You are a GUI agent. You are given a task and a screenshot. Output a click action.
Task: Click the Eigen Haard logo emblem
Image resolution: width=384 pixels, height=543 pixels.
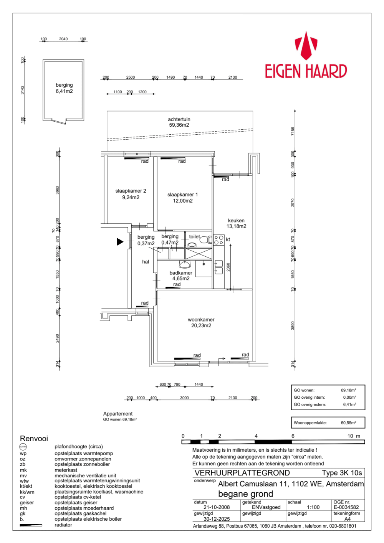(306, 46)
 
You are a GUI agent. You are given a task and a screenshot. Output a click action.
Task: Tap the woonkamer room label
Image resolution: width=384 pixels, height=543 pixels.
(201, 320)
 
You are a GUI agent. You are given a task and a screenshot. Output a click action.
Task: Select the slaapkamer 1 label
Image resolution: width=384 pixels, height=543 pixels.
(182, 195)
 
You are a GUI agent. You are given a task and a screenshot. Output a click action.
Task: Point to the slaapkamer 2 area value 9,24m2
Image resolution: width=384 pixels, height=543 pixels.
(131, 197)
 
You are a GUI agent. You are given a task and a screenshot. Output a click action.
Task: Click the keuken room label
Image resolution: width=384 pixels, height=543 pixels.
(236, 221)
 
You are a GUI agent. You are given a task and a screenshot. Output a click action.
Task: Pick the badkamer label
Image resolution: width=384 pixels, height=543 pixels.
(181, 273)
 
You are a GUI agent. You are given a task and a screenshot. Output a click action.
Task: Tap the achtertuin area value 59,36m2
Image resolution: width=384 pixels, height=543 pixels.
(179, 125)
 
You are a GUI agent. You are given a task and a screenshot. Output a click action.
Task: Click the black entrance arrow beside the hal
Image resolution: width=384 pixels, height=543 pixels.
(120, 241)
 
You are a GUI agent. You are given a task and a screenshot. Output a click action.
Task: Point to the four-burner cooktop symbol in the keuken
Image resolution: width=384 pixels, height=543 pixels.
(219, 240)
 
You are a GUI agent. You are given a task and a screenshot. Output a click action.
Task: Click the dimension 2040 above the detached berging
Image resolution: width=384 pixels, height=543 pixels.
(63, 39)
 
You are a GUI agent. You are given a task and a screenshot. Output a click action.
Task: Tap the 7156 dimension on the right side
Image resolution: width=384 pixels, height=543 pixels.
(293, 131)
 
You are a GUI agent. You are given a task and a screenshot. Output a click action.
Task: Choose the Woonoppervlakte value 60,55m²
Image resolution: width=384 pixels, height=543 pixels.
(348, 423)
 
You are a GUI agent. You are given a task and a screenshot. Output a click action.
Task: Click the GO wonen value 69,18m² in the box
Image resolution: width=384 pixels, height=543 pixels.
(348, 390)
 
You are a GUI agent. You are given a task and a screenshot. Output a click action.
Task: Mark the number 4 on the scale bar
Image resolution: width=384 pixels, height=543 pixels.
(256, 436)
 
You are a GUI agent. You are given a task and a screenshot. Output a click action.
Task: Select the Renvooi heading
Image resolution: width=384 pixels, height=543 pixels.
(34, 438)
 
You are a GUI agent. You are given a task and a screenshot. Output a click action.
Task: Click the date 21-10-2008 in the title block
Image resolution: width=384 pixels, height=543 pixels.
(217, 507)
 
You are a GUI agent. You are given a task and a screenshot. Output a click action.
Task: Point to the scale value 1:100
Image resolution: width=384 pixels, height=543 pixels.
(313, 507)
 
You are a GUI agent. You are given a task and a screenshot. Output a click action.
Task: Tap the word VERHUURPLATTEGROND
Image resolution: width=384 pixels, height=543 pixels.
(242, 473)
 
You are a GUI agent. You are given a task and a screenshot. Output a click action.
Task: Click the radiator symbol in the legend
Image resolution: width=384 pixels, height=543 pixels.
(31, 525)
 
